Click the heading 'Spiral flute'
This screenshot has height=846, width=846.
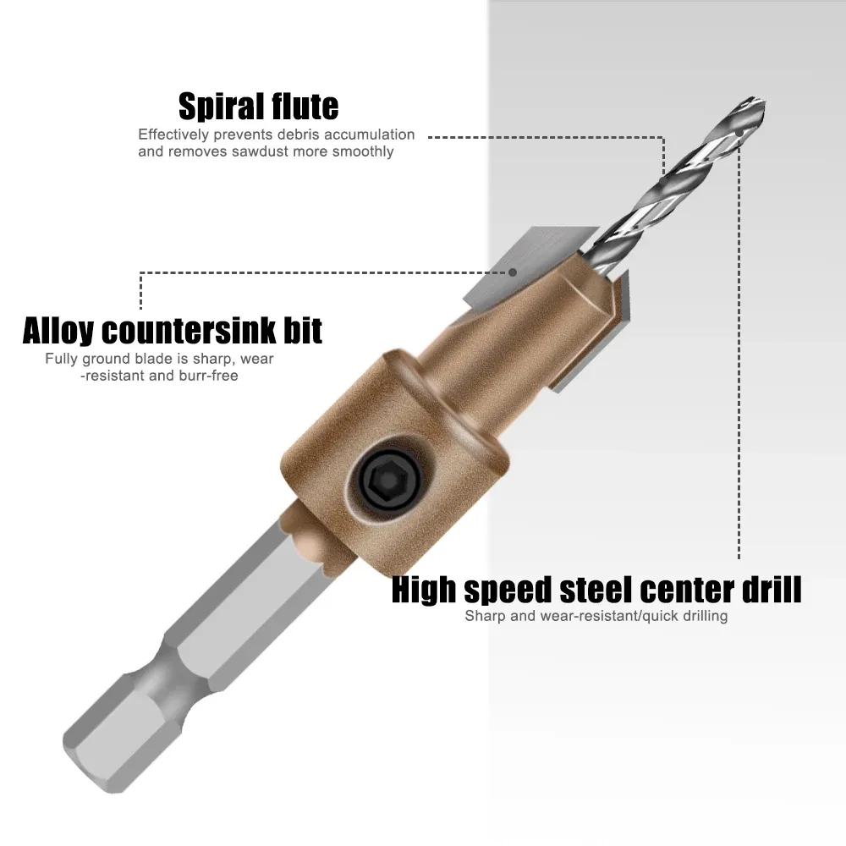coord(258,107)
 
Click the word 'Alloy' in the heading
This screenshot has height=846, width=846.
coord(58,331)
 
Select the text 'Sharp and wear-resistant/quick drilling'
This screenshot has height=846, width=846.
coord(596,616)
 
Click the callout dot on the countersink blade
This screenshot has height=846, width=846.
coord(513,272)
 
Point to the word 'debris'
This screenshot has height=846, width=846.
coord(299,135)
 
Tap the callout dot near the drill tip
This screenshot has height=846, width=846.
coord(739,131)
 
